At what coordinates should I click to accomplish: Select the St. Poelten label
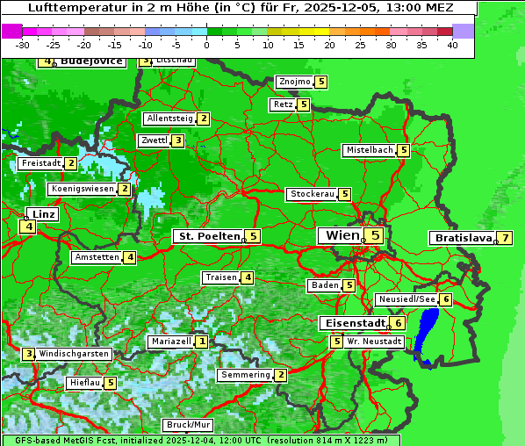pyautogui.click(x=207, y=236)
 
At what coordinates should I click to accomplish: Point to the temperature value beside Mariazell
pyautogui.click(x=202, y=342)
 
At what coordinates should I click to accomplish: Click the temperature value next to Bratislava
pyautogui.click(x=505, y=238)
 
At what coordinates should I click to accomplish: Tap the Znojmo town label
pyautogui.click(x=294, y=83)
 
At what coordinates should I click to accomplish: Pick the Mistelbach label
pyautogui.click(x=369, y=150)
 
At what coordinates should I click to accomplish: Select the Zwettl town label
pyautogui.click(x=154, y=140)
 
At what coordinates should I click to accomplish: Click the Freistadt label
pyautogui.click(x=40, y=163)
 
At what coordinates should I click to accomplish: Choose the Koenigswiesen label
pyautogui.click(x=83, y=189)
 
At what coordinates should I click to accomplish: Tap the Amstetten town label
pyautogui.click(x=97, y=257)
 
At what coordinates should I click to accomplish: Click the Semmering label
pyautogui.click(x=245, y=375)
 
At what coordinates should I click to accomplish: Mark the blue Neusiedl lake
pyautogui.click(x=427, y=334)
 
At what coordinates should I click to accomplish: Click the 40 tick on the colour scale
pyautogui.click(x=452, y=45)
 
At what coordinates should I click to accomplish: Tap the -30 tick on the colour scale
pyautogui.click(x=23, y=45)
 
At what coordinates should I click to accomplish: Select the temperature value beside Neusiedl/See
pyautogui.click(x=446, y=300)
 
